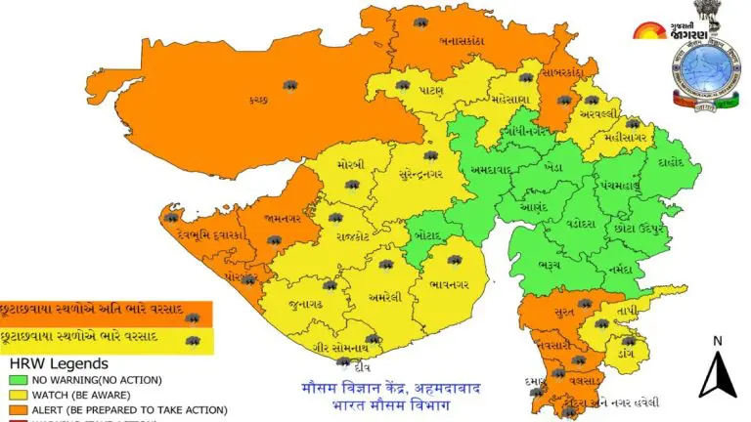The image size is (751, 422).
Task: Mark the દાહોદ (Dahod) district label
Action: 674,161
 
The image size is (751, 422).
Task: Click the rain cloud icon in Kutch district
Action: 290,86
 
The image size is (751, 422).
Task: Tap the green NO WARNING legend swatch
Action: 18,379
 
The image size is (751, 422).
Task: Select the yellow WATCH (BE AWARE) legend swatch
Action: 18,395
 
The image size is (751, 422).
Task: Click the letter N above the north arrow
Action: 717,341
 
